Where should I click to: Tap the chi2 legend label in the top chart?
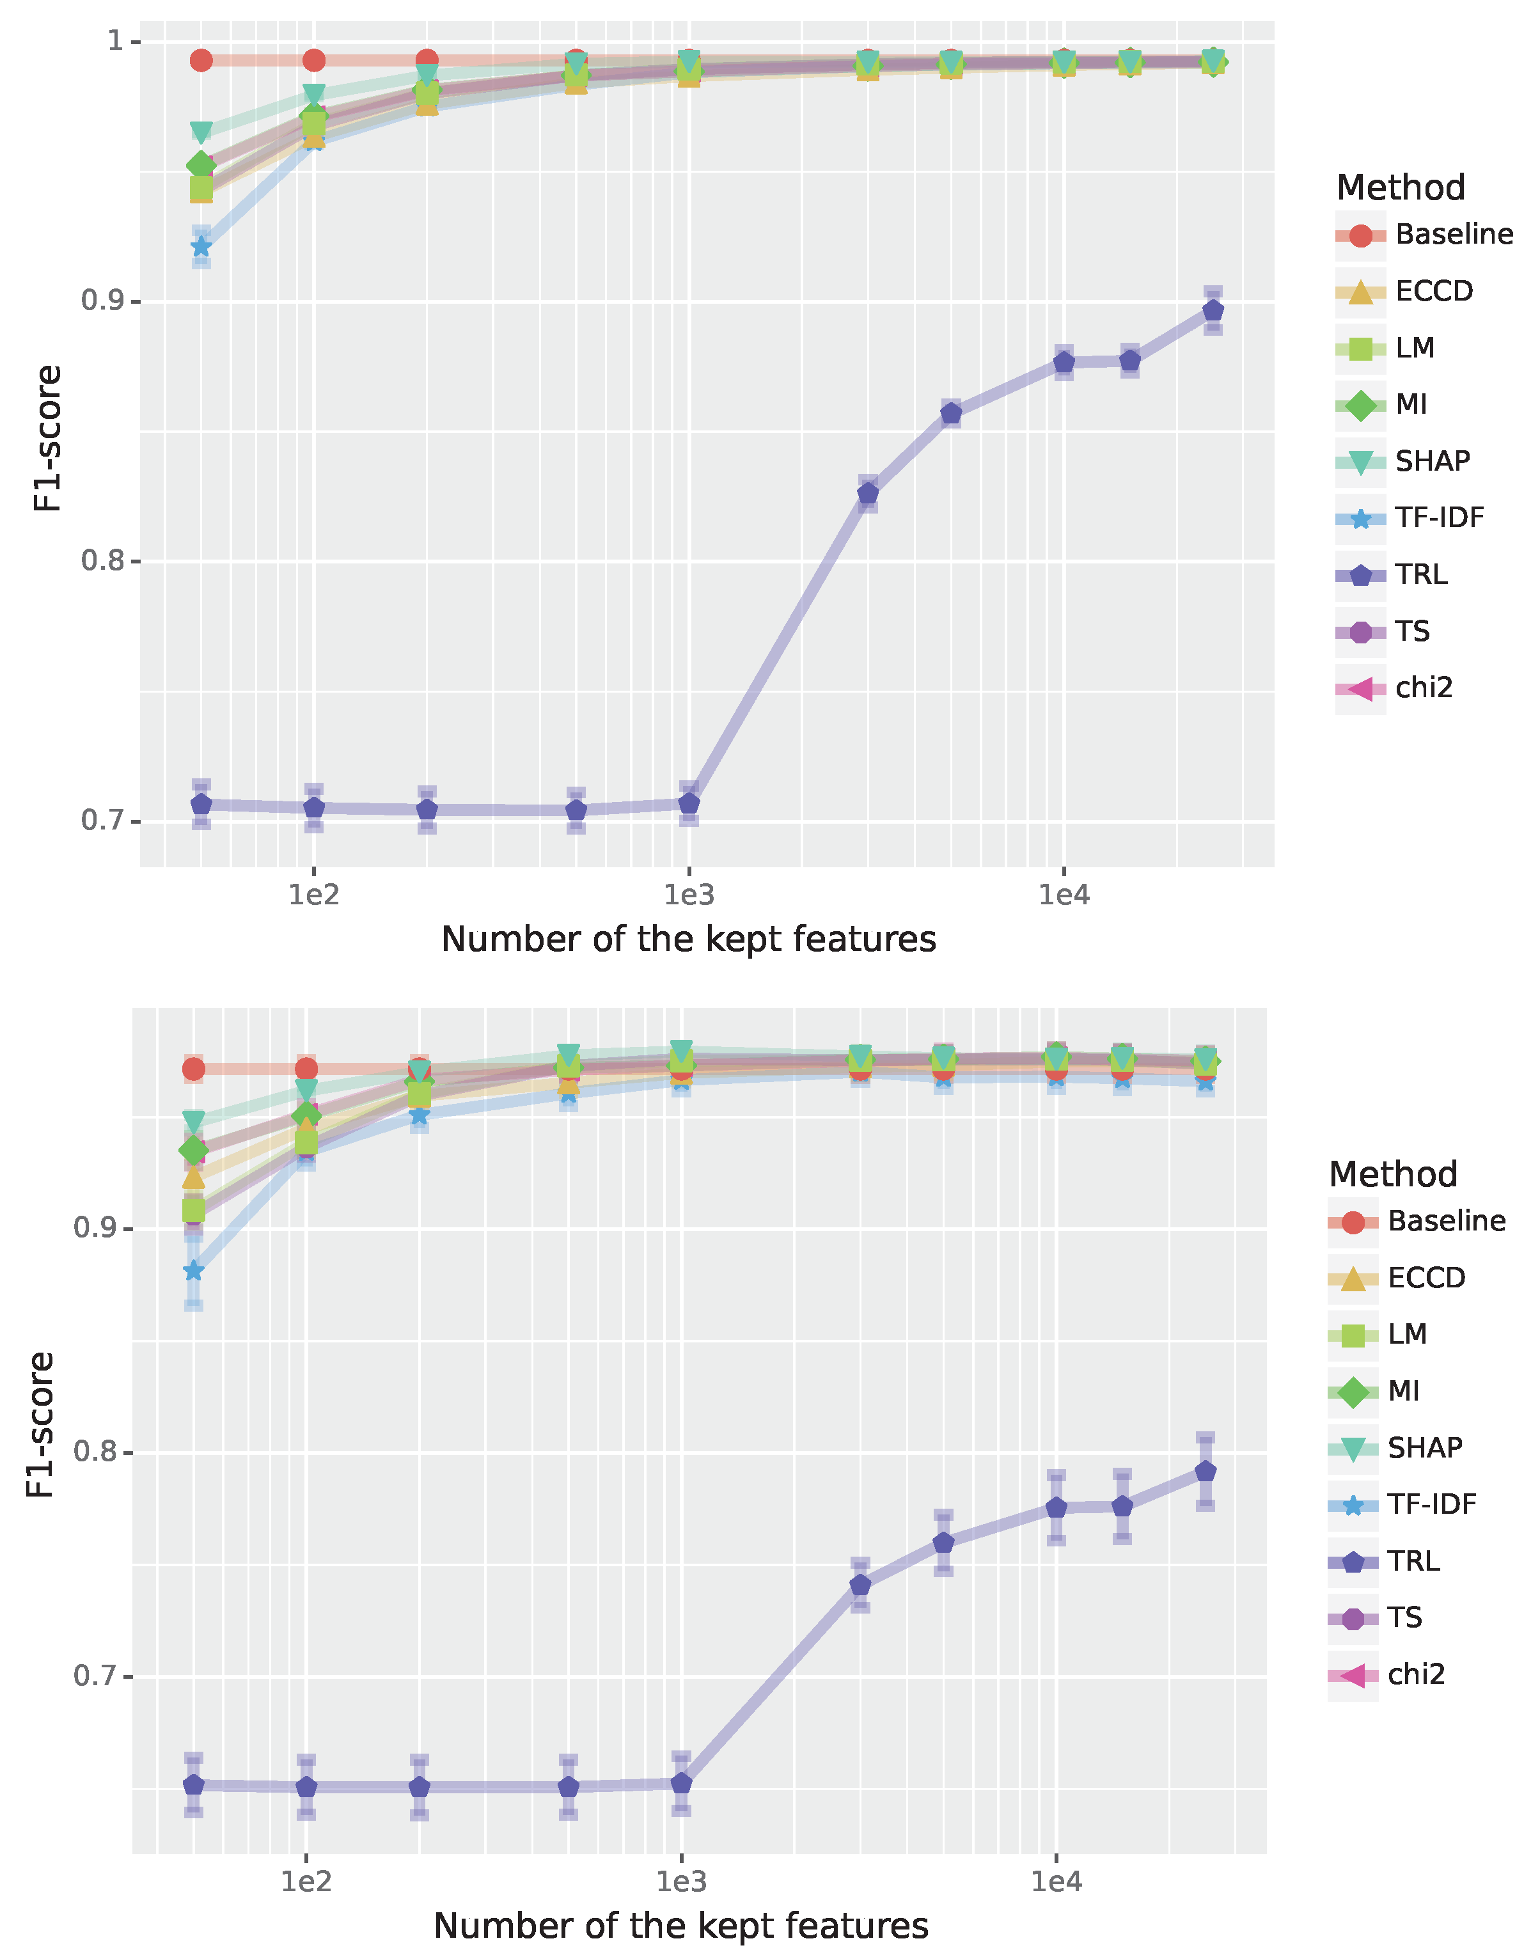(x=1424, y=688)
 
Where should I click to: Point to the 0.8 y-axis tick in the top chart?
(x=100, y=562)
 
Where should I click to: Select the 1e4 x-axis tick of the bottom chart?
(x=1057, y=1881)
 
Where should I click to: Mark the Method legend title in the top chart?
(x=1401, y=188)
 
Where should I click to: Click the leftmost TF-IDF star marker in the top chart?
(x=201, y=246)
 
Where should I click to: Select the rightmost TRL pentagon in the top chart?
(x=1212, y=311)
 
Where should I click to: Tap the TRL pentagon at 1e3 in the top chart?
(x=688, y=803)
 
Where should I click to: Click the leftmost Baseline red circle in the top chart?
(x=201, y=60)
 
